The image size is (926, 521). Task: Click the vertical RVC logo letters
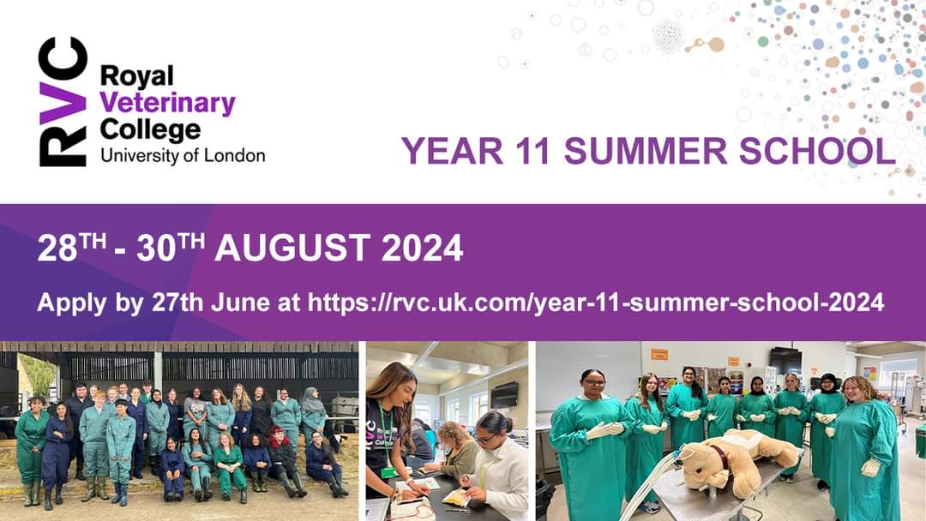63,102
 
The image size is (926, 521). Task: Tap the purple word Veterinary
167,104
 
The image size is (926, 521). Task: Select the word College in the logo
150,130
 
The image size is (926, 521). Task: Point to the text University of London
182,155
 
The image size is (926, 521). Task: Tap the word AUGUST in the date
292,249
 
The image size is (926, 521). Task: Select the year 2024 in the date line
422,249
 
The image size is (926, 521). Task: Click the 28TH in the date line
70,249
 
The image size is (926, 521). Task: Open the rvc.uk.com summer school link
596,302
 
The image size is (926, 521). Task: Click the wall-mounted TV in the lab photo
785,361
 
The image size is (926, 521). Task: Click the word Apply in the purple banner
66,302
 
